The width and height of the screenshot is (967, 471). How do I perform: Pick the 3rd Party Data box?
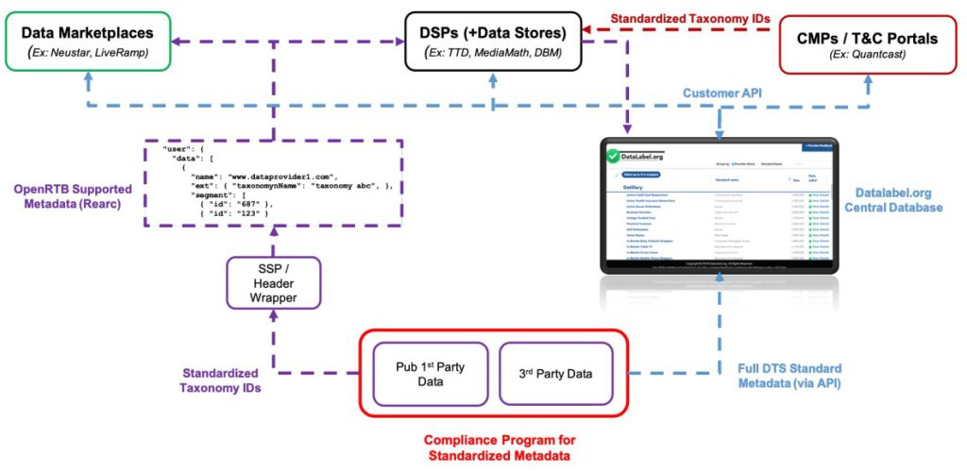pyautogui.click(x=555, y=373)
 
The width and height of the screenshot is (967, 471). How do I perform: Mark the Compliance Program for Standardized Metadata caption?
pyautogui.click(x=499, y=447)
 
